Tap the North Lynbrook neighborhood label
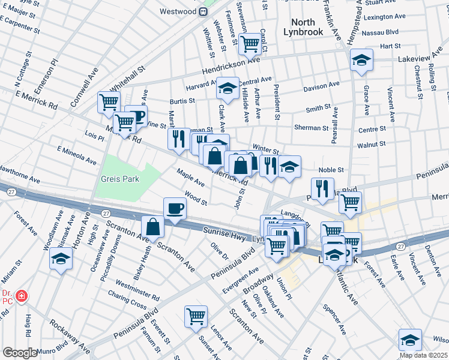click(x=303, y=27)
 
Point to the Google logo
click(x=20, y=353)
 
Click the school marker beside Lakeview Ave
click(x=361, y=60)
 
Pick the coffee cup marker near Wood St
click(x=175, y=208)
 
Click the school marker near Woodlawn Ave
click(x=61, y=258)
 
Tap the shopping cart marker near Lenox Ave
click(x=196, y=316)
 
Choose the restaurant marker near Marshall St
click(x=178, y=139)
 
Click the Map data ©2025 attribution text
click(x=424, y=355)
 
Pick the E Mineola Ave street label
click(x=76, y=155)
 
